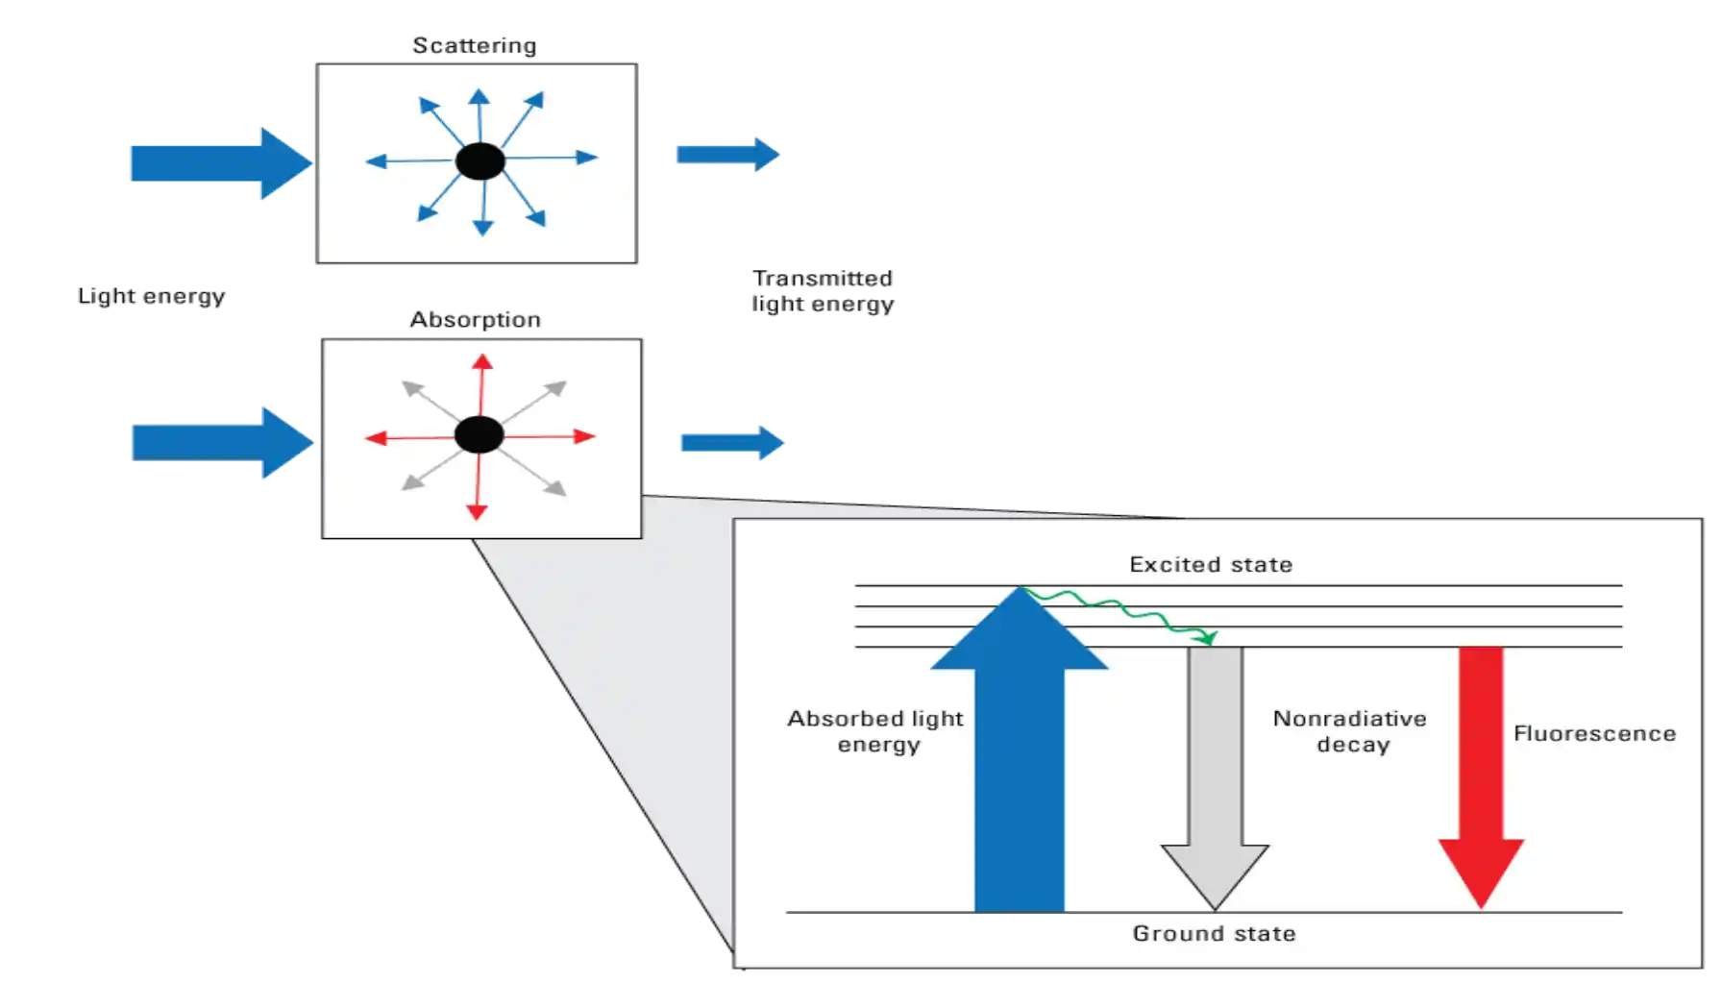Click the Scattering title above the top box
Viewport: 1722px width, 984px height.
pyautogui.click(x=475, y=44)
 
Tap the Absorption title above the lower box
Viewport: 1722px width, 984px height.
pyautogui.click(x=477, y=319)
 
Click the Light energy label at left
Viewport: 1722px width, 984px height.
pyautogui.click(x=153, y=295)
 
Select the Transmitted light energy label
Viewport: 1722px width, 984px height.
pyautogui.click(x=823, y=291)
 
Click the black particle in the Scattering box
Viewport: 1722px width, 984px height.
pyautogui.click(x=480, y=161)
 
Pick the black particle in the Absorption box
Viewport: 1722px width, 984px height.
pyautogui.click(x=479, y=435)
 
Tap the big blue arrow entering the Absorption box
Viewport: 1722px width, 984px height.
pyautogui.click(x=221, y=443)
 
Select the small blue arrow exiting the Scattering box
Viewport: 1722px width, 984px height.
pyautogui.click(x=726, y=154)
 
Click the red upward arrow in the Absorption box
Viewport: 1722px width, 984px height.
pyautogui.click(x=481, y=384)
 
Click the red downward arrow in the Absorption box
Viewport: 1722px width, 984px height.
pyautogui.click(x=478, y=490)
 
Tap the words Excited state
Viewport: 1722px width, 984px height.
pyautogui.click(x=1211, y=564)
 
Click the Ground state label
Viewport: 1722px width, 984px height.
pyautogui.click(x=1214, y=933)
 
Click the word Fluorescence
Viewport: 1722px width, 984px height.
pyautogui.click(x=1594, y=733)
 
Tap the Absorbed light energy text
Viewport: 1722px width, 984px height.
pyautogui.click(x=875, y=731)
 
